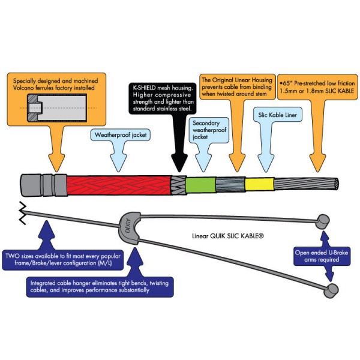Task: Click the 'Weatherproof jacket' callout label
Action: pyautogui.click(x=121, y=136)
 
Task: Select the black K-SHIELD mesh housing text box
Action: pyautogui.click(x=164, y=98)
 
